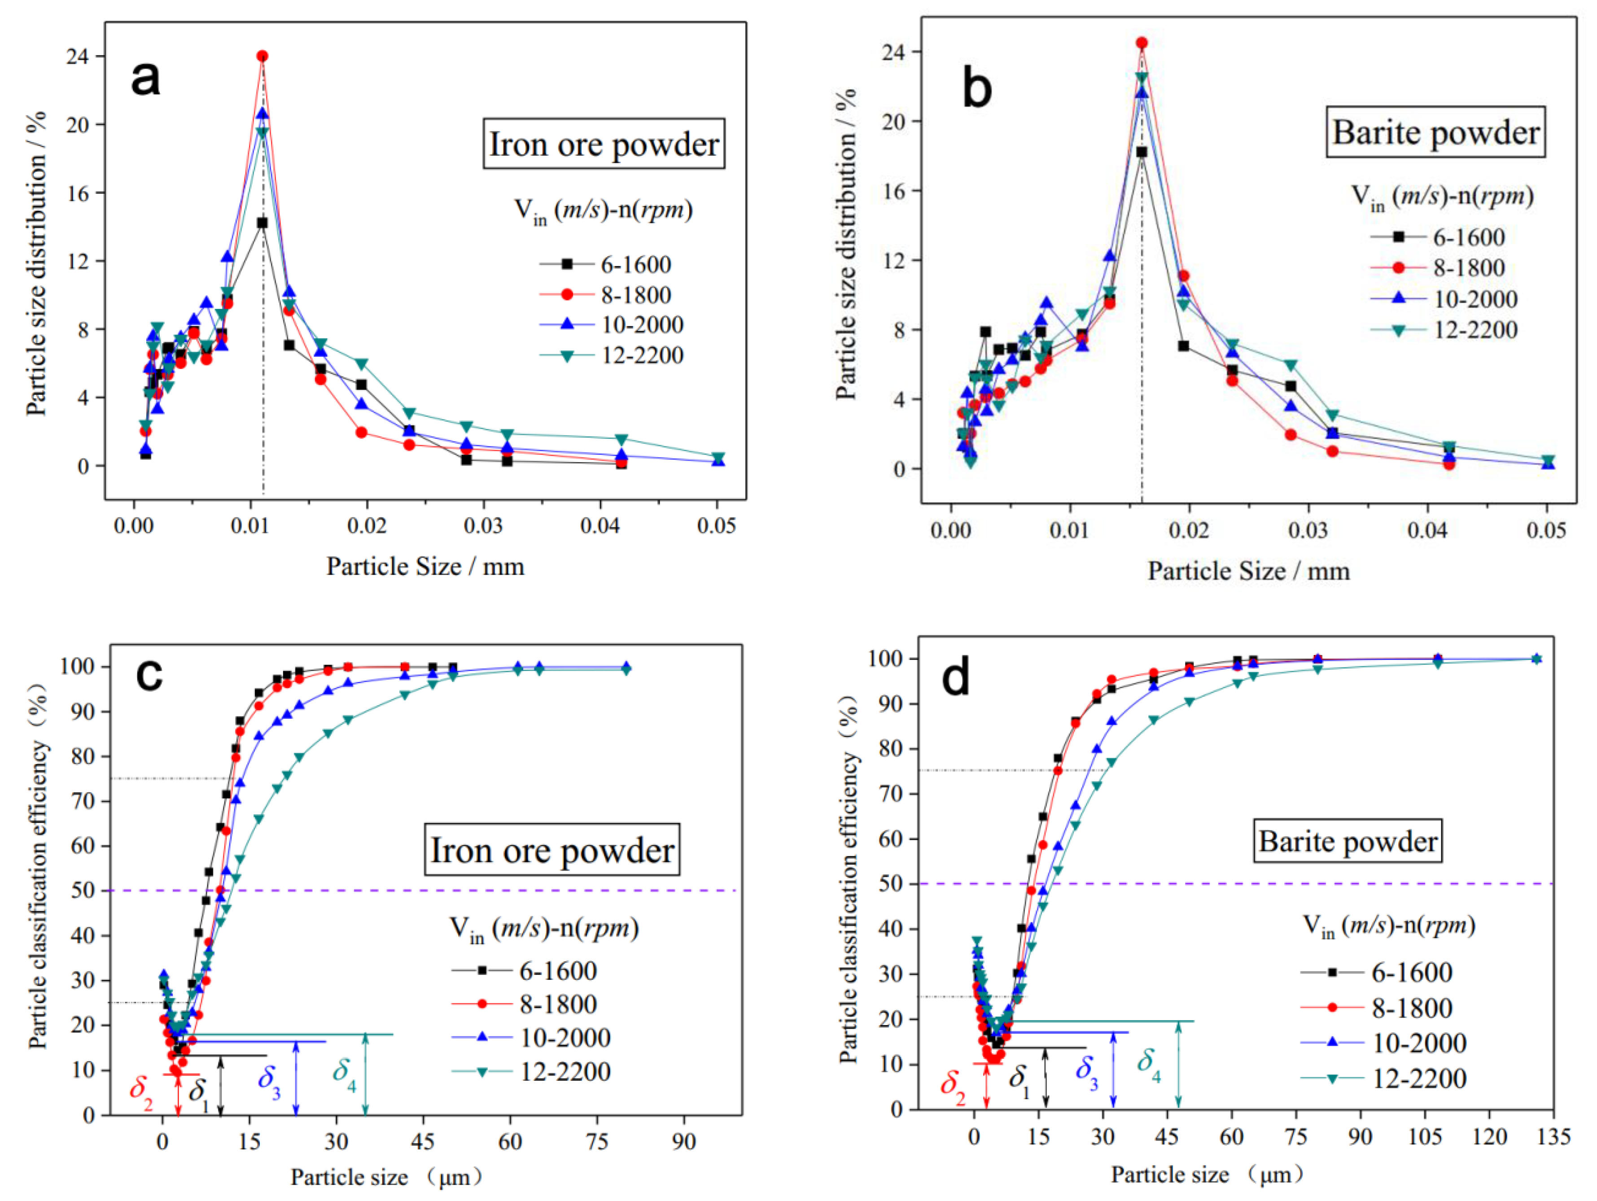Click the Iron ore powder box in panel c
(551, 850)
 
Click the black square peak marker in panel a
(262, 223)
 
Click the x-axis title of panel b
(1248, 572)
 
